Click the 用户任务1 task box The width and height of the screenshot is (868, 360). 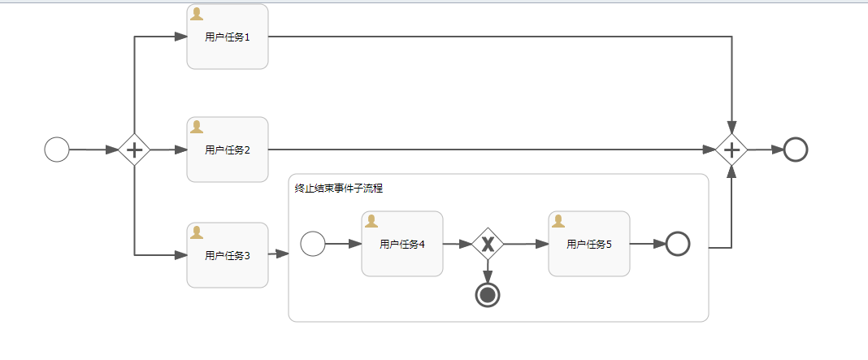228,37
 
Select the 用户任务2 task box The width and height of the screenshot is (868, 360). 228,150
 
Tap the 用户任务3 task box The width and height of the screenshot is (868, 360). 228,255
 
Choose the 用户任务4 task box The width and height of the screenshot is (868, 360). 402,244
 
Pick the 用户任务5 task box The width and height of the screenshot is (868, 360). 589,244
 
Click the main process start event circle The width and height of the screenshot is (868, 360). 57,150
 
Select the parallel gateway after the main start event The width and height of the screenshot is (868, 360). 134,150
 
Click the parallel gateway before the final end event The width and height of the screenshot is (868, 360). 732,150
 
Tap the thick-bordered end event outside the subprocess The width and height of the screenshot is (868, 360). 796,150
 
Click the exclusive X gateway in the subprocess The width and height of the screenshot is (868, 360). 488,244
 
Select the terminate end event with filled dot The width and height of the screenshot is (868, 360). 488,295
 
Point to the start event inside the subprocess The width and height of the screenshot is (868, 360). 313,244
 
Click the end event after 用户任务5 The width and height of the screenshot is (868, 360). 678,244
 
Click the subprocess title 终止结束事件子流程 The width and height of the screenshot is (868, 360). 339,189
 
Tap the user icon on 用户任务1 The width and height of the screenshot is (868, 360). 196,13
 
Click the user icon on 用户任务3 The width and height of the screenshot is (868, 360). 196,232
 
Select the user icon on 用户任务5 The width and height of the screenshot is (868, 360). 558,221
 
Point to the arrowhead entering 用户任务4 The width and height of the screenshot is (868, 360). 355,244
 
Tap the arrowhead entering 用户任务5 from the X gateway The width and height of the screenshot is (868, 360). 542,244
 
